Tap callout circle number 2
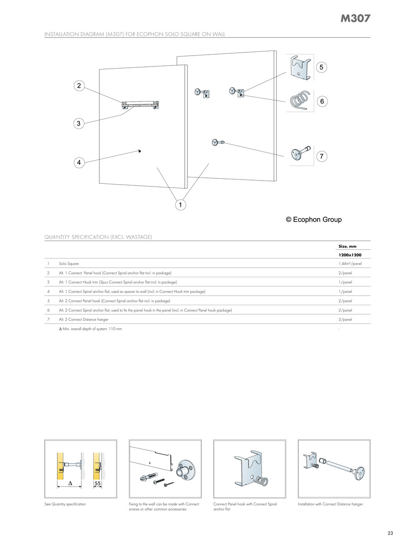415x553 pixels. point(79,86)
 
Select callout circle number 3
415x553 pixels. point(79,123)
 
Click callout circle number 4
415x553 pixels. point(79,162)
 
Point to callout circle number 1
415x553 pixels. point(180,205)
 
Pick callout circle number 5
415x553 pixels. point(321,67)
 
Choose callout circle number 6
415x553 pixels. point(322,102)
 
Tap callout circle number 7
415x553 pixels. point(321,157)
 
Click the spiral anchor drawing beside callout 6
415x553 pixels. point(298,101)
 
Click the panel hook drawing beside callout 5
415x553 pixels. point(298,67)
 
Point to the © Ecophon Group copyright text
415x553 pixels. point(314,220)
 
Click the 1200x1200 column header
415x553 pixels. point(350,255)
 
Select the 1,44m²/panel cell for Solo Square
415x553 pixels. point(350,263)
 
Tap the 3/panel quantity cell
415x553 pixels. point(345,320)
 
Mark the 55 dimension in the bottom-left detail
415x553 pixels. point(97,483)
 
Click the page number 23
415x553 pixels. point(390,533)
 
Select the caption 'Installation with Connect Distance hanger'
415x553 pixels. point(330,504)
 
